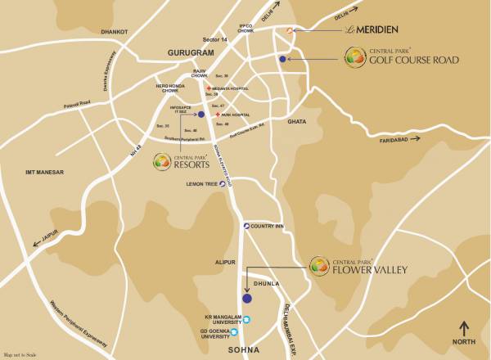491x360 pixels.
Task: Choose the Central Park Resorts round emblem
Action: click(164, 162)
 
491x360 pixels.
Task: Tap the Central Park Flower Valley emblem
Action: click(319, 265)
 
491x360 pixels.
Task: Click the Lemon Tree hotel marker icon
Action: click(223, 184)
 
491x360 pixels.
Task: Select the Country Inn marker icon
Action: click(243, 226)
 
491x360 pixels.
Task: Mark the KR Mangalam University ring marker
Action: click(247, 319)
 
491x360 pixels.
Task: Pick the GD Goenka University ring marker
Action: click(247, 333)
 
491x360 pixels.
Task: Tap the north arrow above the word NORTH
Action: click(465, 329)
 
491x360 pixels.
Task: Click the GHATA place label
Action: click(296, 121)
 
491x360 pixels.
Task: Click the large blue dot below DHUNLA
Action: click(246, 299)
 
